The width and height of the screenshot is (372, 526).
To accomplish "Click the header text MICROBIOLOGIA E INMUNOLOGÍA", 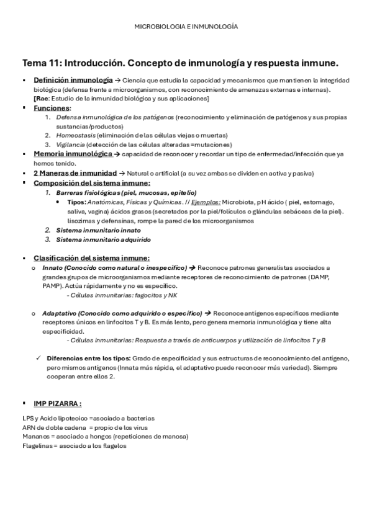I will click(186, 27).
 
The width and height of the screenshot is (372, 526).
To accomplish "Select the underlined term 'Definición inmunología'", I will click(70, 80).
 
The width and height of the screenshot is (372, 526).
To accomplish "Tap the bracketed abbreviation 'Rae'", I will click(41, 99).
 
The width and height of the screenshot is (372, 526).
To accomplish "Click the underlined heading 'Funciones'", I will click(52, 108).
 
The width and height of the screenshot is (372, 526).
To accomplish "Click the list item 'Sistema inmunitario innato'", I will click(94, 230).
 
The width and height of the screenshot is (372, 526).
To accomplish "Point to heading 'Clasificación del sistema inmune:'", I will click(91, 258).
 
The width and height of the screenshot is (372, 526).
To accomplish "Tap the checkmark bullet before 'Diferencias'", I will click(39, 359).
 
